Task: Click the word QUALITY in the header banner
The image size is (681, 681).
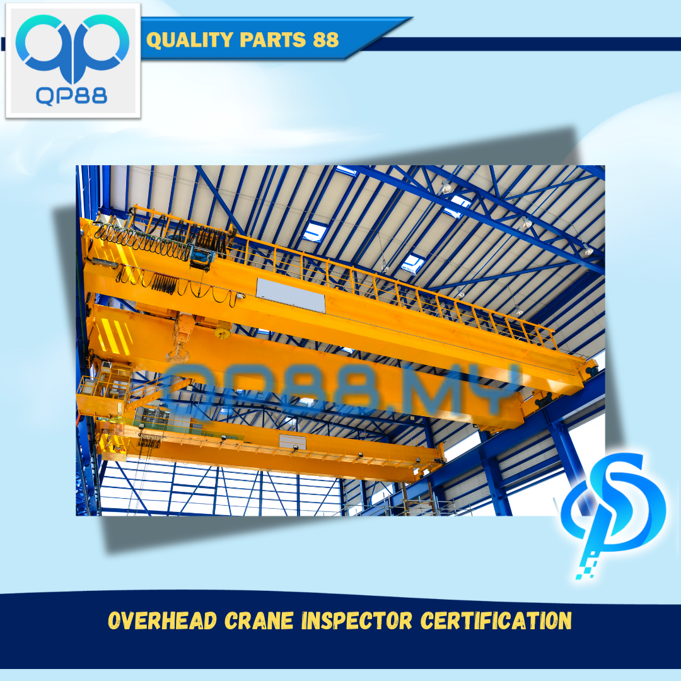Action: (190, 40)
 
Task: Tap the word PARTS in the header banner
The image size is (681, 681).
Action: (273, 40)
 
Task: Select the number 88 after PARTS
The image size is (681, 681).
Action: (326, 40)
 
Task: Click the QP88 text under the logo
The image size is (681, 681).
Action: (72, 95)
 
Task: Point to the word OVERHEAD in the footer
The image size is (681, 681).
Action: (163, 620)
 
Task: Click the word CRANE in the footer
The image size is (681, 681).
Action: (259, 620)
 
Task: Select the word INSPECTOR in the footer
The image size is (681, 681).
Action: (356, 620)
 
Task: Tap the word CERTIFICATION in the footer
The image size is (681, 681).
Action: (496, 620)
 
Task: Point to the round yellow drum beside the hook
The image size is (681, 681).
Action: (223, 330)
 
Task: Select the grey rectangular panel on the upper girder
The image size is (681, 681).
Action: (291, 295)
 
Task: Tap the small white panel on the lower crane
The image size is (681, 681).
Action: (293, 441)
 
